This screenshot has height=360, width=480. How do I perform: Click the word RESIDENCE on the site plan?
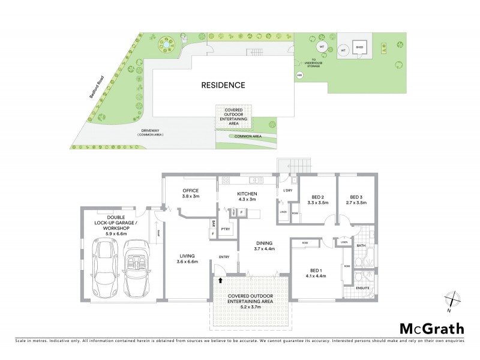coord(223,85)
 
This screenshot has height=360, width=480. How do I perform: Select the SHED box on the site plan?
coord(360,47)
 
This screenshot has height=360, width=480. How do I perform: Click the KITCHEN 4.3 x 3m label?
coord(247,196)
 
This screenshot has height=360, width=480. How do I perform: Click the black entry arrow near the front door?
coord(220,280)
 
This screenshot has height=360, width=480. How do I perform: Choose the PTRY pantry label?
coord(226,229)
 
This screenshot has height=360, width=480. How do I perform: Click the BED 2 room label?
coord(318,197)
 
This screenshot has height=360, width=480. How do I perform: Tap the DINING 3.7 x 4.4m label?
coord(264,245)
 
